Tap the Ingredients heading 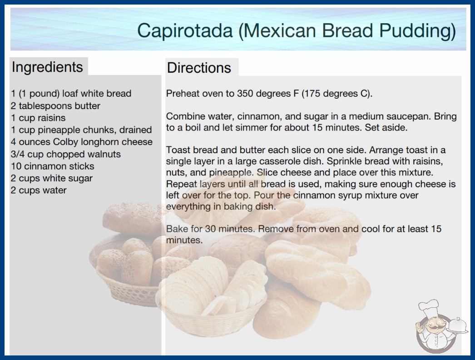tap(47, 67)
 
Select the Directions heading tap(199, 67)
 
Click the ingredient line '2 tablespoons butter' tap(55, 106)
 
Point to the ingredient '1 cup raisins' tap(38, 118)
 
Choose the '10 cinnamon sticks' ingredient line tap(53, 166)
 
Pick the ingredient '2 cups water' tap(39, 190)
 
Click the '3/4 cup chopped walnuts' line tap(66, 154)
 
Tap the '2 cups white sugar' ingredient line tap(52, 178)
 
